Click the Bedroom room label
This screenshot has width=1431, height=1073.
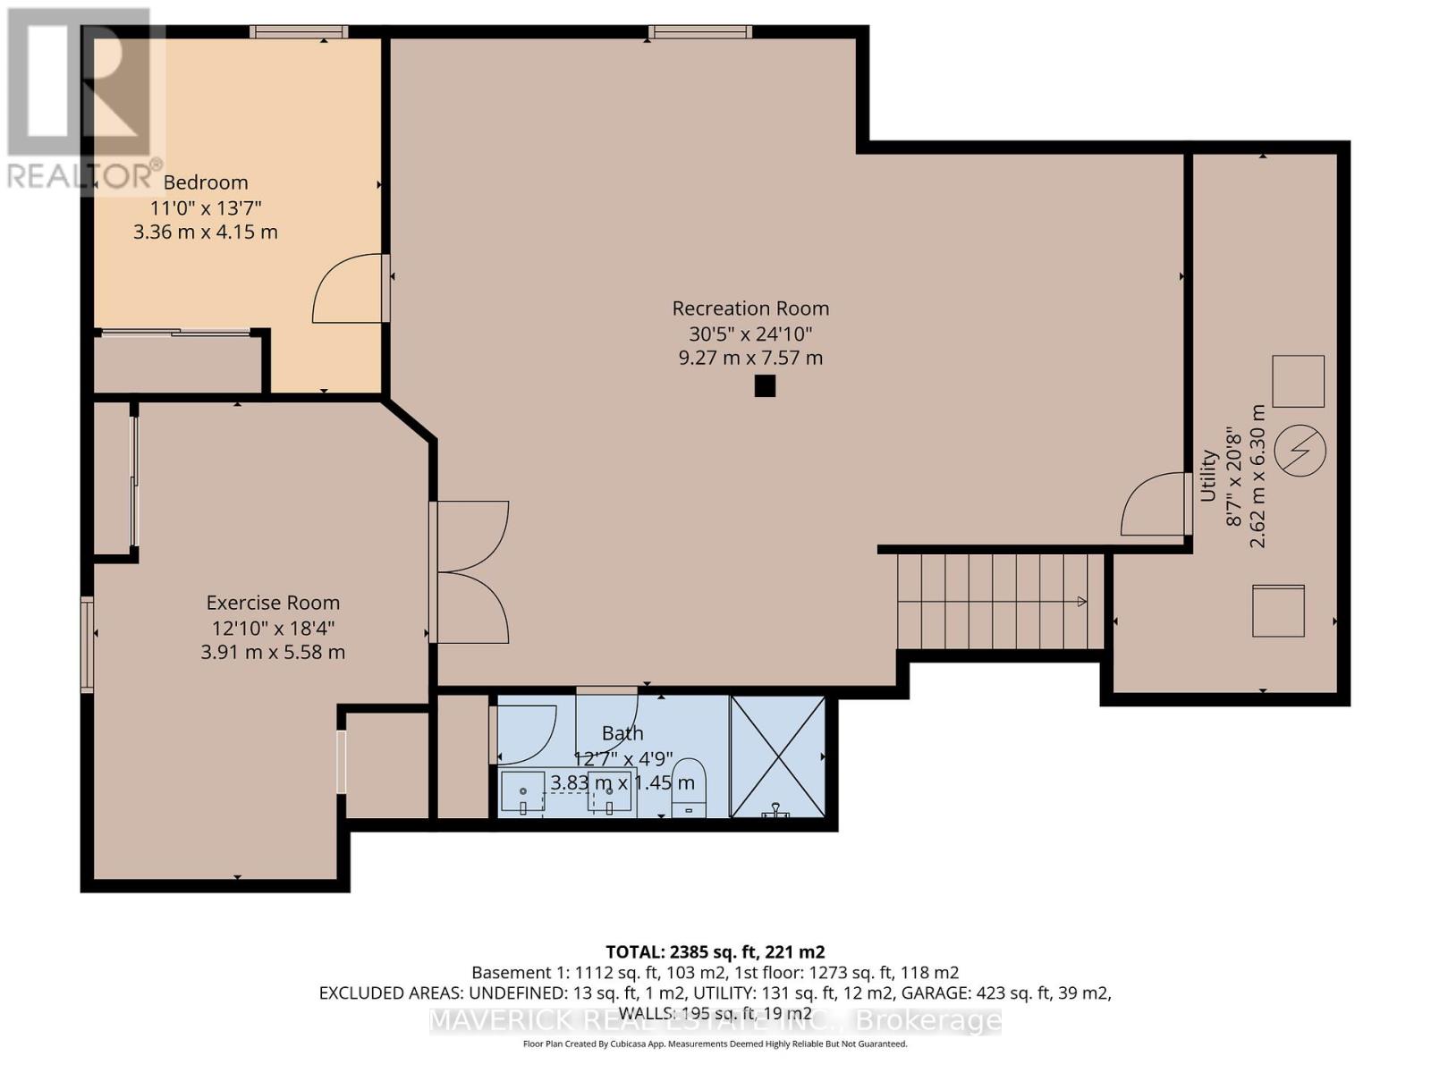tap(206, 182)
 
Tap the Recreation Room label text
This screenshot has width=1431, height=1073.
tap(750, 308)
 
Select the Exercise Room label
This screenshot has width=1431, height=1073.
tap(273, 603)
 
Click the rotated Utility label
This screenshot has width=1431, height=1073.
tap(1208, 476)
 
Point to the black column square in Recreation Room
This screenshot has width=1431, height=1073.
tap(765, 386)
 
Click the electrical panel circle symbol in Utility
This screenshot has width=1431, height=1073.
tap(1299, 450)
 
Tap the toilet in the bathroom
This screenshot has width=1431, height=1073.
tap(688, 787)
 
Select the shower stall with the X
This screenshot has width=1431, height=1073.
tap(777, 756)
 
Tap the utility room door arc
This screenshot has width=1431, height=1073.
tap(1153, 504)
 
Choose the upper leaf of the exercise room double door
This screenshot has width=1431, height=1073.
tap(472, 535)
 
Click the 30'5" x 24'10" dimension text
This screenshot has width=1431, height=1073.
tap(750, 334)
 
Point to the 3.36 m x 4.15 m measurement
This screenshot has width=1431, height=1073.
tap(206, 232)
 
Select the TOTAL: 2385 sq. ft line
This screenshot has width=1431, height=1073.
tap(715, 951)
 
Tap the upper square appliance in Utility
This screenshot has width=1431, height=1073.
tap(1298, 381)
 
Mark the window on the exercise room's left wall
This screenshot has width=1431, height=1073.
tap(87, 645)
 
